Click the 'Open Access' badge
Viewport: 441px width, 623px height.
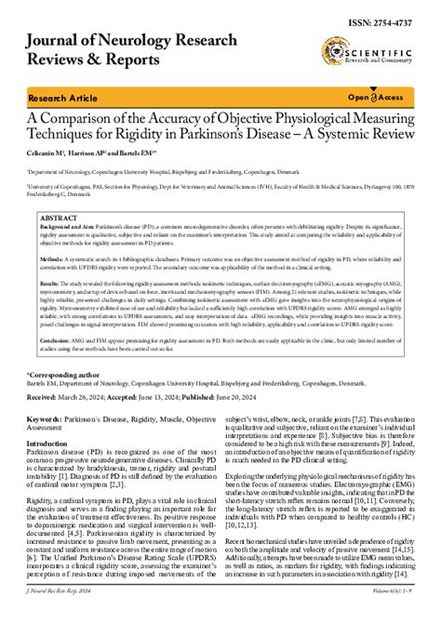376,98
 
